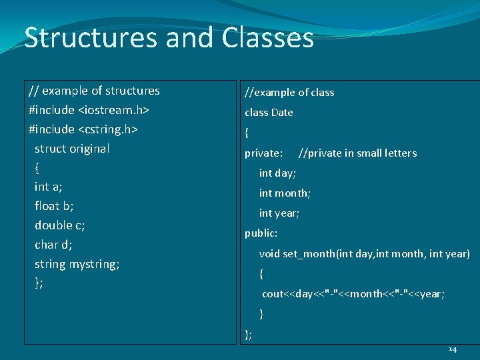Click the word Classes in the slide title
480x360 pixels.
(x=267, y=38)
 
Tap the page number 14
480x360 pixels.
(x=453, y=349)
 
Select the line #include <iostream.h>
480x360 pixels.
(x=89, y=109)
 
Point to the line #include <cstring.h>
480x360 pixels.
(x=83, y=129)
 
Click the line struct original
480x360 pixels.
(x=72, y=148)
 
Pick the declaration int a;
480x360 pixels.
(x=49, y=187)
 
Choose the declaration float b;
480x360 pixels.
(x=54, y=206)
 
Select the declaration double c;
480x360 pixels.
(x=59, y=225)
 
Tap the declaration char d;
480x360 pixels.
(x=53, y=245)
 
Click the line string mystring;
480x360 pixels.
(x=77, y=264)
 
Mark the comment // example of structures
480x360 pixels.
(x=94, y=91)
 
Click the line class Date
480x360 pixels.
(x=269, y=113)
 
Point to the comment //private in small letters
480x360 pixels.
(x=357, y=153)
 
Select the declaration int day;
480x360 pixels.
(x=277, y=173)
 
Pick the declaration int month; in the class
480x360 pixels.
(x=285, y=193)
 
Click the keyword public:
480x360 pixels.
(x=261, y=233)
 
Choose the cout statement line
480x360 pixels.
(x=353, y=293)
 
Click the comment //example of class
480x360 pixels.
(x=289, y=93)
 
